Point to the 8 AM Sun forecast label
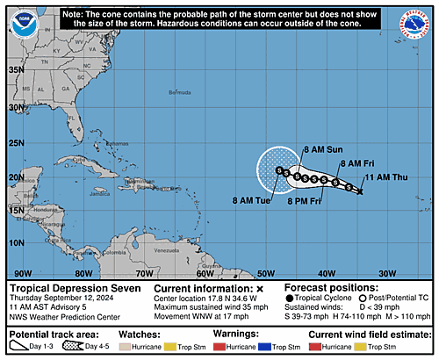(x=322, y=150)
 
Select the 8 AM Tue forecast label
(x=252, y=200)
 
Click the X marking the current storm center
(x=360, y=191)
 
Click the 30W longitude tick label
(x=387, y=273)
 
